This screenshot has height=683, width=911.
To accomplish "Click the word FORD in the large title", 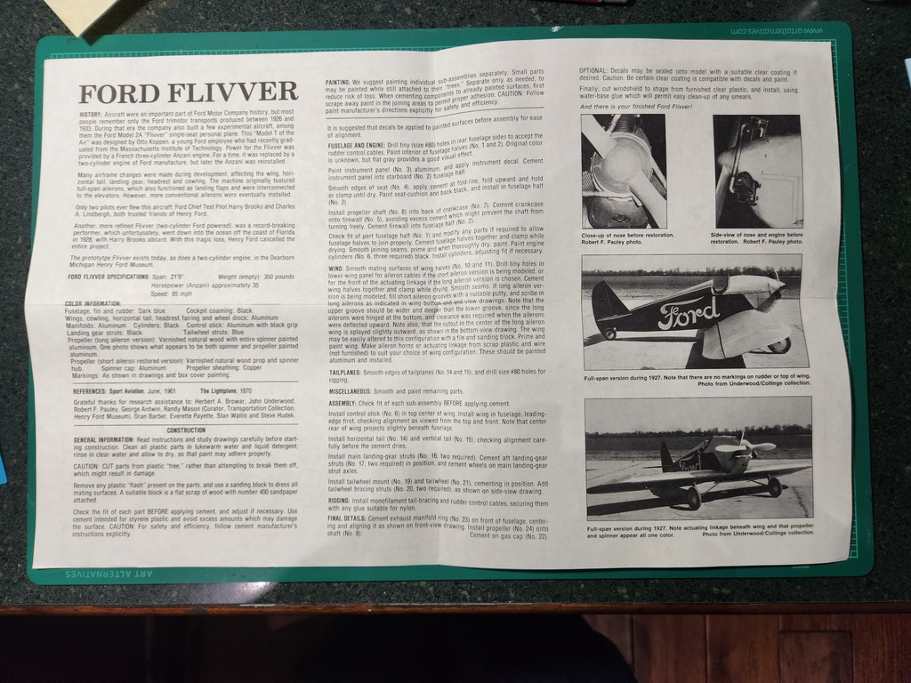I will click(120, 92).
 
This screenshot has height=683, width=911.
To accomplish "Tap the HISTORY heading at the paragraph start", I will click(91, 116).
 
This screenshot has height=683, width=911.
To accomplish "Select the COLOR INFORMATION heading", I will click(93, 304).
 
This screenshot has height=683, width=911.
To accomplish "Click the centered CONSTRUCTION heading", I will click(186, 430).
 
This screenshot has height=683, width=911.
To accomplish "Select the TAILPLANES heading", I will click(343, 370).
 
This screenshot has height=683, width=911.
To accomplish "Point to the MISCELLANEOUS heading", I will click(349, 391).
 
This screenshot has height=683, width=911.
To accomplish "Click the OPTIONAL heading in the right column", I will click(593, 70).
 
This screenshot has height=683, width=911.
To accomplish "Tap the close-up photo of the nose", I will click(623, 172).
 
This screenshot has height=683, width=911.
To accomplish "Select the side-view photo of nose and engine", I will click(757, 172).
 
